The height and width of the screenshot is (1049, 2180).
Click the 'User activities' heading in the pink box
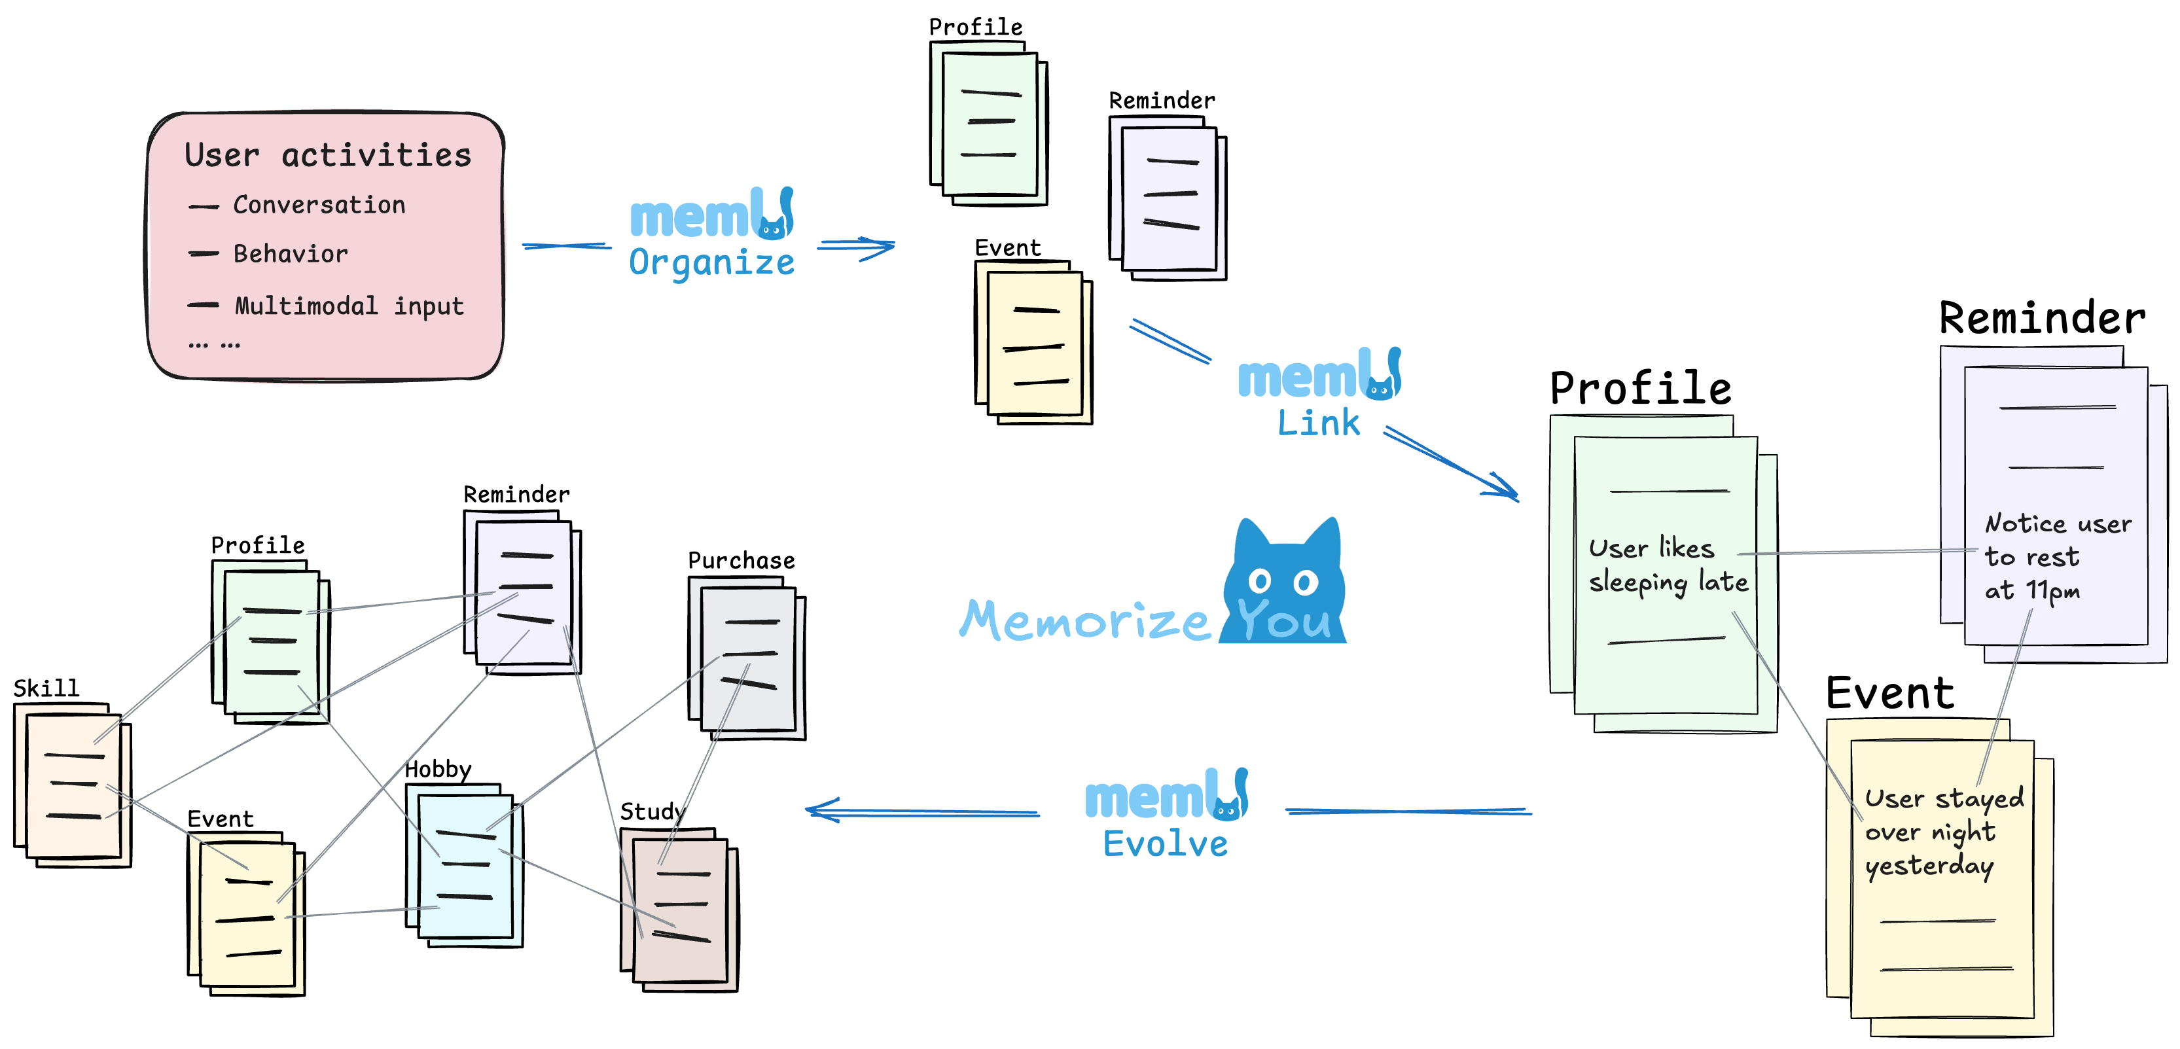pyautogui.click(x=327, y=155)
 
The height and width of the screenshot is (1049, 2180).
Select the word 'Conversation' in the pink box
pyautogui.click(x=319, y=205)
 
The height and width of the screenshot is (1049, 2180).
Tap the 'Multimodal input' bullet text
pyautogui.click(x=349, y=306)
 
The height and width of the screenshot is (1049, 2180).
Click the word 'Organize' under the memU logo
pyautogui.click(x=711, y=262)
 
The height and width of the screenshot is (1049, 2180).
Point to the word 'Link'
pyautogui.click(x=1317, y=423)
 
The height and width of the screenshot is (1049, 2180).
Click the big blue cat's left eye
pyautogui.click(x=1260, y=581)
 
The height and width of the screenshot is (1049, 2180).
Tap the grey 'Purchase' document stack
pyautogui.click(x=747, y=658)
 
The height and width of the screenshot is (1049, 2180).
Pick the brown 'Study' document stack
pyautogui.click(x=679, y=910)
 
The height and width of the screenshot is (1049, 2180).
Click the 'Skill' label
pyautogui.click(x=46, y=688)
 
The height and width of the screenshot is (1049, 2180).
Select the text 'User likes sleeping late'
pyautogui.click(x=1666, y=566)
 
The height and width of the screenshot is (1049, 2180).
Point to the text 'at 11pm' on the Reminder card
pyautogui.click(x=2031, y=590)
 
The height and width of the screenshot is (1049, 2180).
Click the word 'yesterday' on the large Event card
pyautogui.click(x=1929, y=865)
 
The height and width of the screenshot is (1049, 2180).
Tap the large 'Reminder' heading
pyautogui.click(x=2041, y=319)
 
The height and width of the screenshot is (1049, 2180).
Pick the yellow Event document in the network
pyautogui.click(x=246, y=914)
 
